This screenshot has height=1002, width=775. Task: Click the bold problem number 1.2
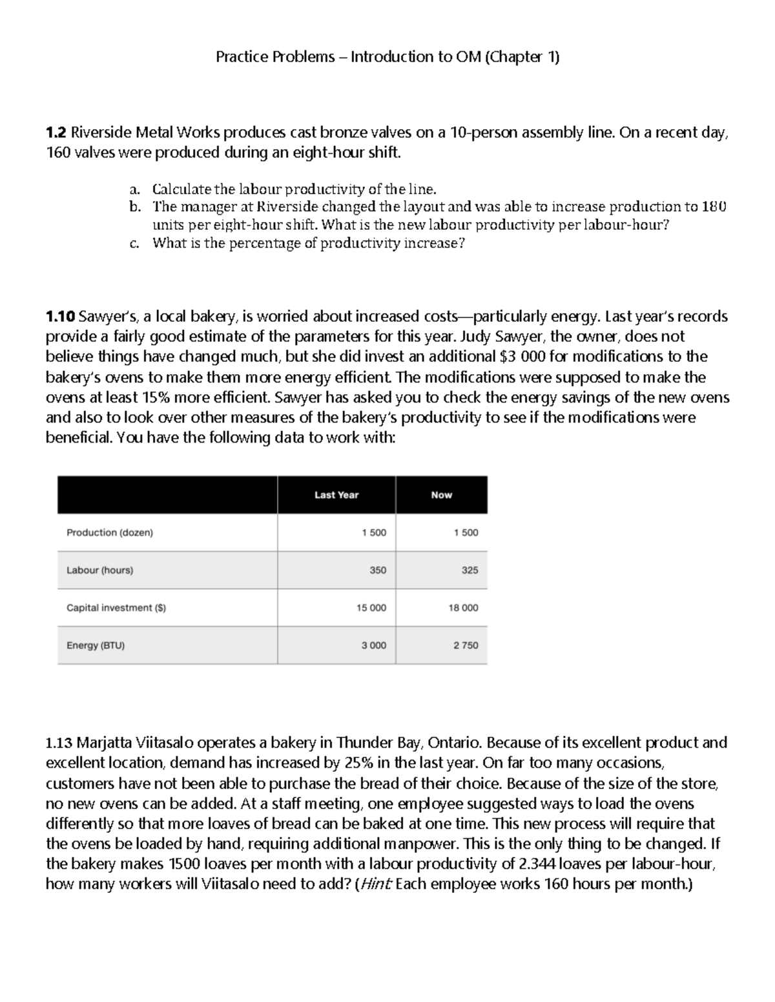[56, 133]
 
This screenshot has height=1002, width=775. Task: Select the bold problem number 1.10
[60, 316]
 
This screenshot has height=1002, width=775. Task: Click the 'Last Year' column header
[336, 495]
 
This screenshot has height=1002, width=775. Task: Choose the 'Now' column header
[442, 495]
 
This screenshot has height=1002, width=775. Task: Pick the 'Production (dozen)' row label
[110, 532]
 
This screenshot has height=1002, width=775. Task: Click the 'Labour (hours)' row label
[100, 570]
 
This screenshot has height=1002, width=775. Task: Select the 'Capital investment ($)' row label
[116, 607]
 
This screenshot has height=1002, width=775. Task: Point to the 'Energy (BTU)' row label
[96, 645]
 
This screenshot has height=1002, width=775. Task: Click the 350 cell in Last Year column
[378, 570]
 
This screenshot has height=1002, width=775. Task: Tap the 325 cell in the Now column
[470, 570]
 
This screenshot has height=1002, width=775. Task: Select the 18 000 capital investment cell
[463, 607]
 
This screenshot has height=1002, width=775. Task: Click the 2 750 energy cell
[466, 645]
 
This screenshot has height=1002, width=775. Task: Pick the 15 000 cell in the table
[371, 607]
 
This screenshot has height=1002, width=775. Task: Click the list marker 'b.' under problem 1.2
[134, 207]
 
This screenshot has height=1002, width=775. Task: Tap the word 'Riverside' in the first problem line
[101, 133]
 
